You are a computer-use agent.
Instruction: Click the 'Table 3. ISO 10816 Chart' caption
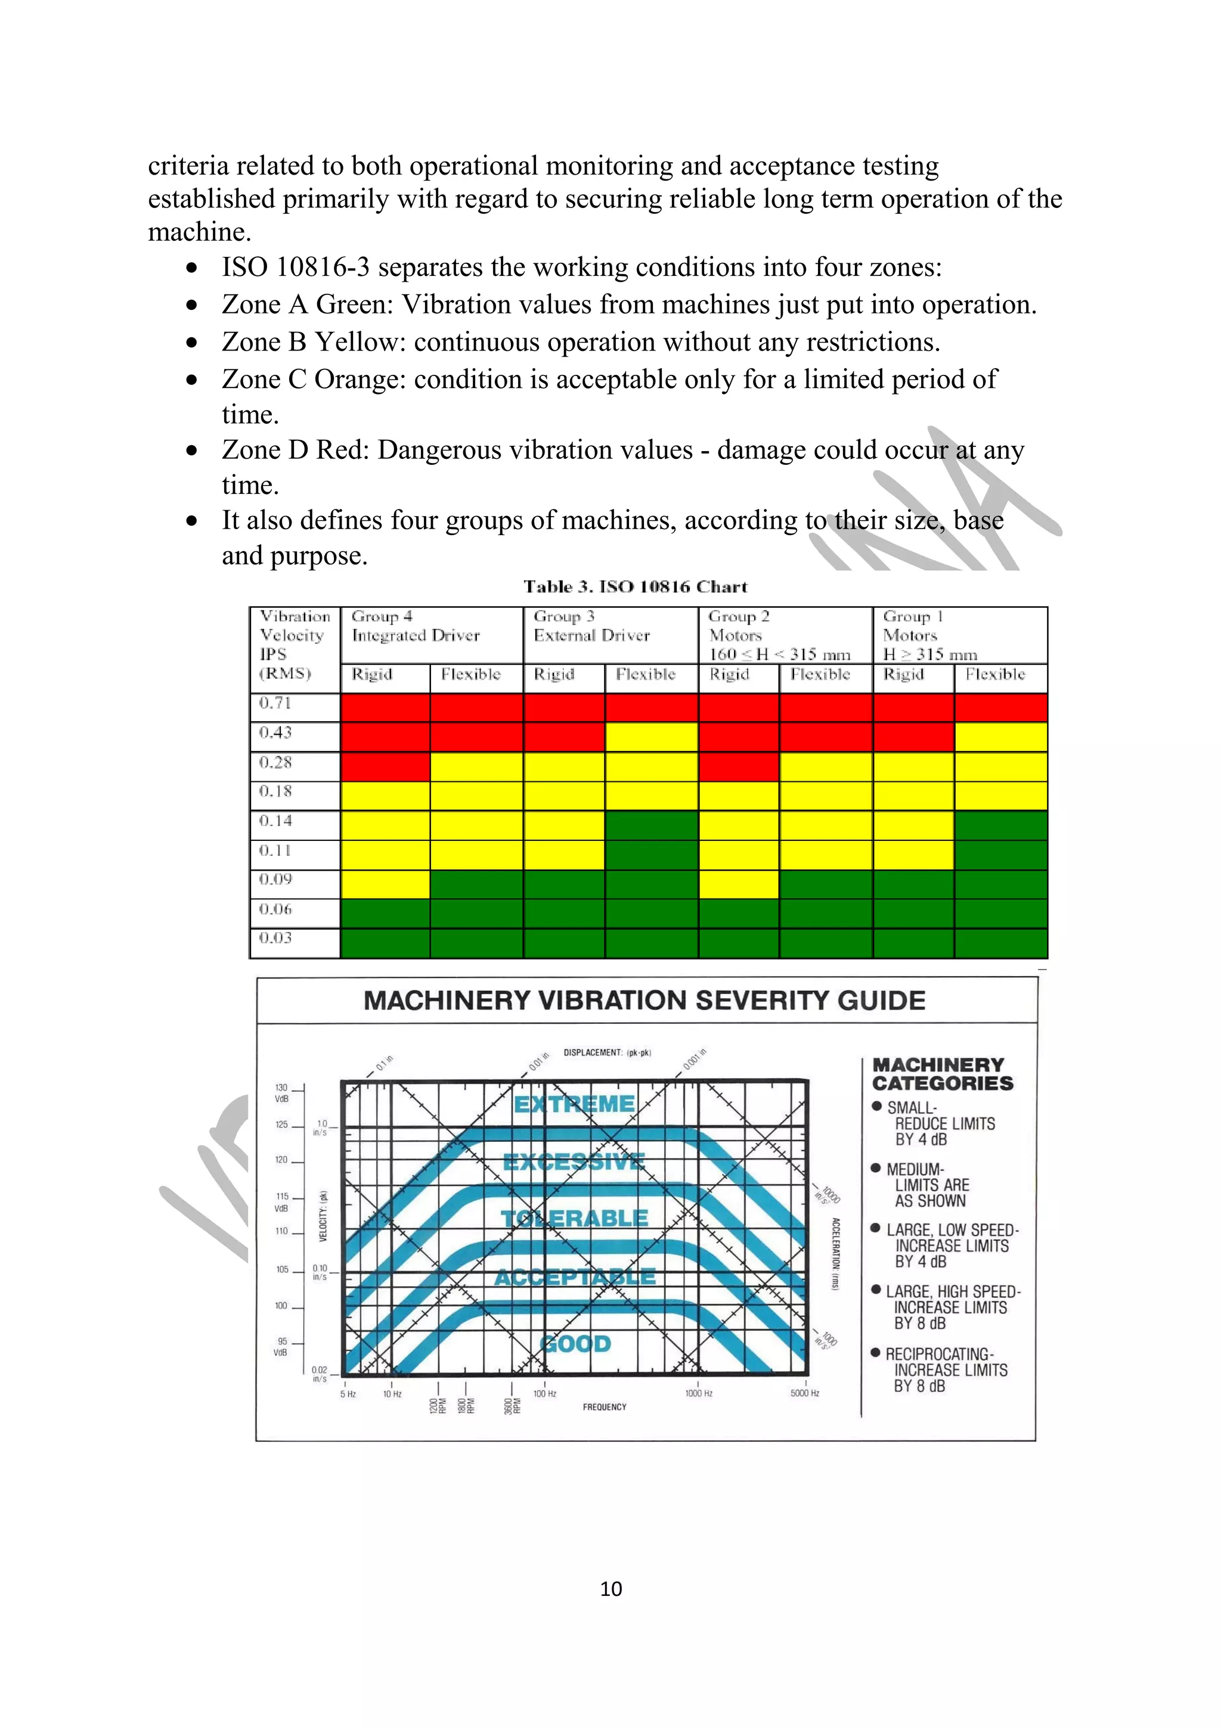(x=636, y=587)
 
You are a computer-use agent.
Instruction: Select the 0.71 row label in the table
(x=275, y=703)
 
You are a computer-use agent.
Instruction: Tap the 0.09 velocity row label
(x=275, y=880)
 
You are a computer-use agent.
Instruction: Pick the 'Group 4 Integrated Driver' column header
(x=416, y=626)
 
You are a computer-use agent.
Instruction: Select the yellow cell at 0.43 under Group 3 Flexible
(x=652, y=737)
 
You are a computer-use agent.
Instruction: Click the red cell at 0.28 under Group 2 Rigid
(x=739, y=766)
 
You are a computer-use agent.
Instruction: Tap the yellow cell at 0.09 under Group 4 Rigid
(x=385, y=884)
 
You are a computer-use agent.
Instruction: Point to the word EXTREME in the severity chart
(x=575, y=1104)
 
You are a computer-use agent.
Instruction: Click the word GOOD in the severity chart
(x=575, y=1344)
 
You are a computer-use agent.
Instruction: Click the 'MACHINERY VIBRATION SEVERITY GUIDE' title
(x=644, y=1001)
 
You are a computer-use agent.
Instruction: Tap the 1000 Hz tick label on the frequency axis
(x=698, y=1394)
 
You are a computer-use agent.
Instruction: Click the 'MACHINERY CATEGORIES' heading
(x=943, y=1074)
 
